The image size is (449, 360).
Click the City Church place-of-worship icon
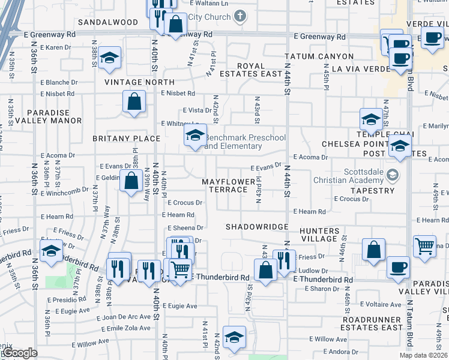coord(240,16)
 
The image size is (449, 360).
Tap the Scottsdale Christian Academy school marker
coord(393,175)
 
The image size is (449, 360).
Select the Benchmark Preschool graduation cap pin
coord(195,136)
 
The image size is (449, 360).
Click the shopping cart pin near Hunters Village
coord(424,246)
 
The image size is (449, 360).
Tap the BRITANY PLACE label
coord(127,138)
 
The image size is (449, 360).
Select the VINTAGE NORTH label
coord(139,82)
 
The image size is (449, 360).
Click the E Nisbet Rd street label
coord(178,94)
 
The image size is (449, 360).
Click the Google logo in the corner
coord(19,353)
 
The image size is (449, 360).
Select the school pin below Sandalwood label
coord(110,58)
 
